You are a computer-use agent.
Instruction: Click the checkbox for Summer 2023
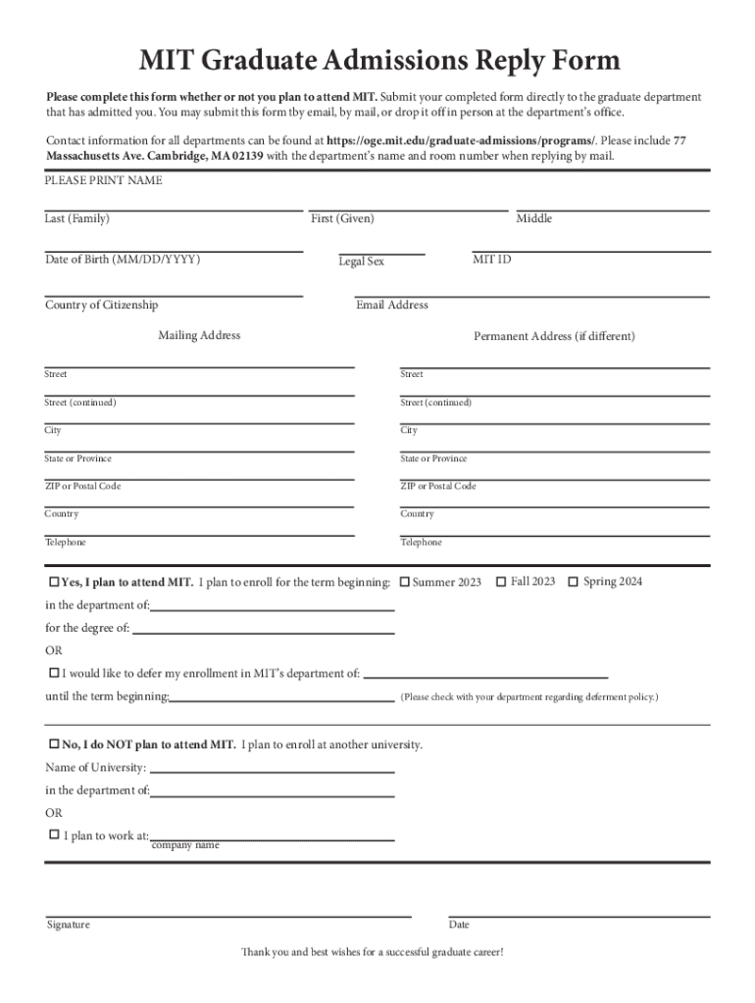405,583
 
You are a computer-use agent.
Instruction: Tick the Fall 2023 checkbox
501,582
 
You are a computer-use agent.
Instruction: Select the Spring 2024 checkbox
574,582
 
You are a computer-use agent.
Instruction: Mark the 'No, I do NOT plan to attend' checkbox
54,744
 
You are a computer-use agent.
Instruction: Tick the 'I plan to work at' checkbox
54,835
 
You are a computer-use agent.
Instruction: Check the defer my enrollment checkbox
54,673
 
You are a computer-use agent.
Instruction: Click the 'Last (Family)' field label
77,218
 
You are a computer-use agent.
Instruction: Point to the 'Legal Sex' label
362,262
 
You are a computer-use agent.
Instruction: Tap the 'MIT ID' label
491,260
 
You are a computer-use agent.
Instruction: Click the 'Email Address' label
392,305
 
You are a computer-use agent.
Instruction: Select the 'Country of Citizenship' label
101,305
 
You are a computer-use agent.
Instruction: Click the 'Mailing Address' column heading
199,335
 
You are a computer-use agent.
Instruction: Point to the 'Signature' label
69,925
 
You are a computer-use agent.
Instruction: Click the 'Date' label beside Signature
459,925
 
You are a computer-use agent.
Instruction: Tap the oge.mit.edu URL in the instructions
461,140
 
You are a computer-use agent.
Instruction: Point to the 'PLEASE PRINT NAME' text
104,181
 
